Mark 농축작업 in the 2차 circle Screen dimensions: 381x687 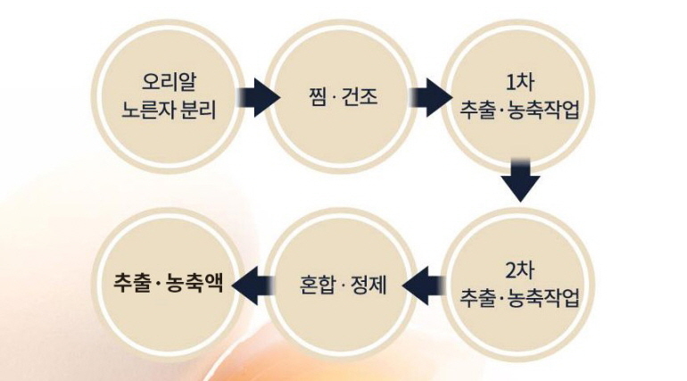click(x=546, y=299)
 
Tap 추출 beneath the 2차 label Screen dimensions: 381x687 click(x=477, y=299)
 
